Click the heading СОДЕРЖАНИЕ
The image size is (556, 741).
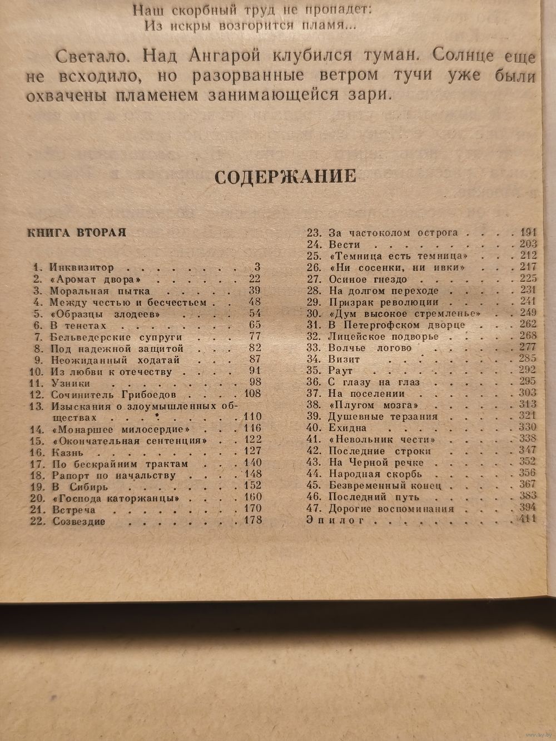pyautogui.click(x=285, y=177)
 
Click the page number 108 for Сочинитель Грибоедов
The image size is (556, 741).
pyautogui.click(x=252, y=394)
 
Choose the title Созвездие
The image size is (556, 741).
pyautogui.click(x=79, y=521)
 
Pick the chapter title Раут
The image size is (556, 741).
pyautogui.click(x=341, y=370)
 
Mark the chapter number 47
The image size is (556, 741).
pyautogui.click(x=314, y=509)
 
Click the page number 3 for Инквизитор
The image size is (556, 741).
pyautogui.click(x=257, y=267)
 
